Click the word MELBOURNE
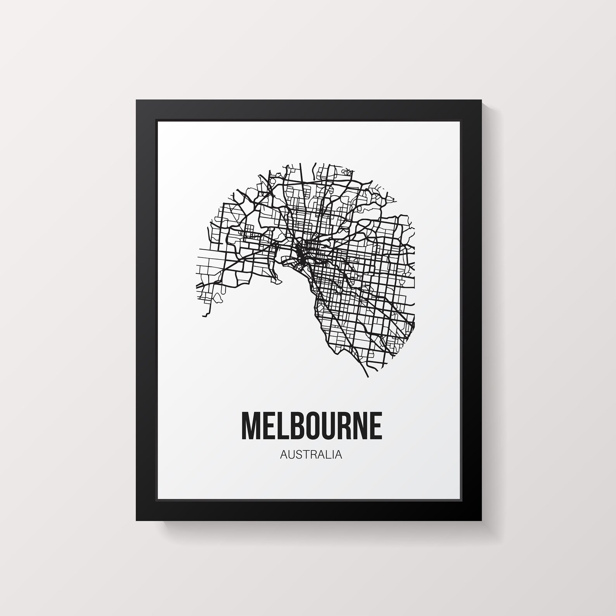pos(311,426)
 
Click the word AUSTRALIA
pos(311,455)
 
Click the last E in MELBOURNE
pos(374,426)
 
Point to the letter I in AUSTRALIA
pos(333,455)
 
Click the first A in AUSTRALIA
pos(283,455)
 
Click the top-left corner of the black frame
pos(137,100)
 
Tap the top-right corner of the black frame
pos(481,100)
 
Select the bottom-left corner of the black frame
pos(137,520)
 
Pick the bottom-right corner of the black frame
pos(481,520)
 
